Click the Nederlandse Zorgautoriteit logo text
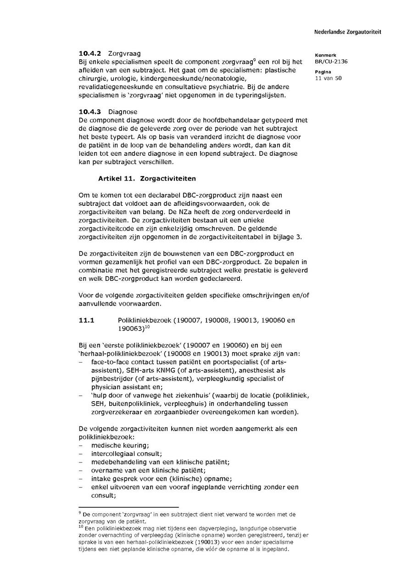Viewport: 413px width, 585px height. click(x=347, y=32)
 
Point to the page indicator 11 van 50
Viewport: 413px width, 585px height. click(x=328, y=78)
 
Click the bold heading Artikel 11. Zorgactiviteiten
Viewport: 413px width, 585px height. click(x=140, y=177)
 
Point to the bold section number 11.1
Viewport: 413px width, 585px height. click(x=86, y=320)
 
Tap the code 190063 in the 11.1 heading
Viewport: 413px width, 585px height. click(x=131, y=329)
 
